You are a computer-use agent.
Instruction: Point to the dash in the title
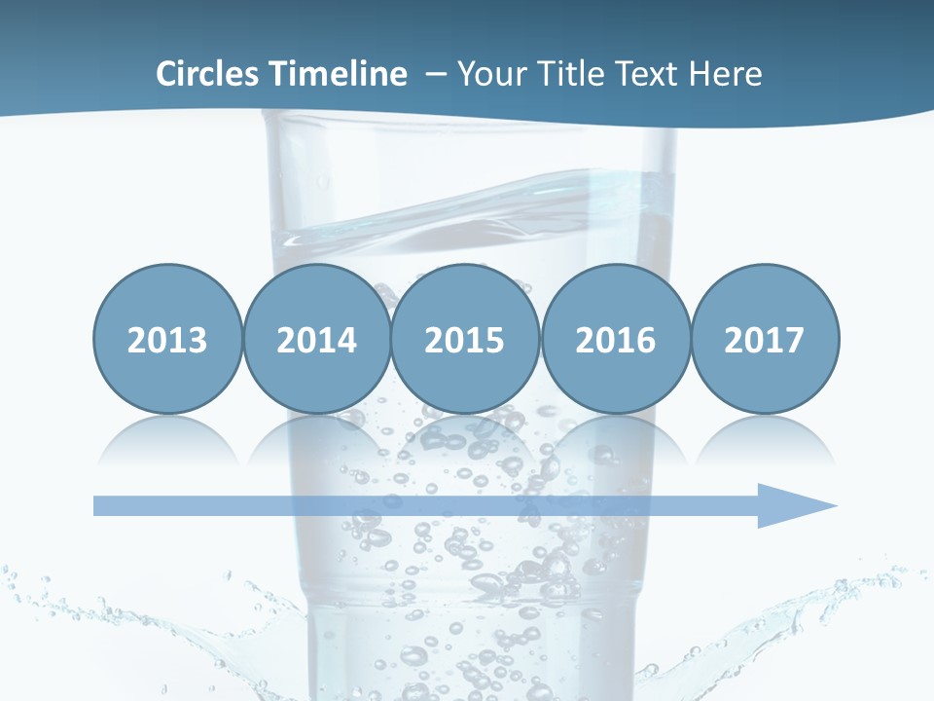[436, 74]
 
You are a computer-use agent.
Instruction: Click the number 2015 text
[465, 340]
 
